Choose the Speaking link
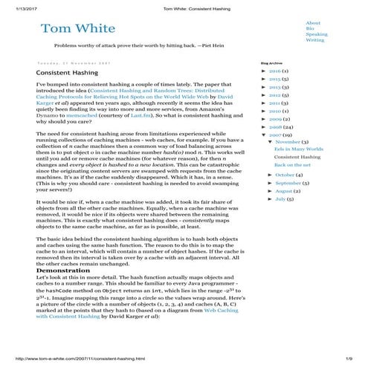[x=316, y=34]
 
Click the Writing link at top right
[x=314, y=40]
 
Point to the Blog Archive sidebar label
[x=271, y=64]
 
